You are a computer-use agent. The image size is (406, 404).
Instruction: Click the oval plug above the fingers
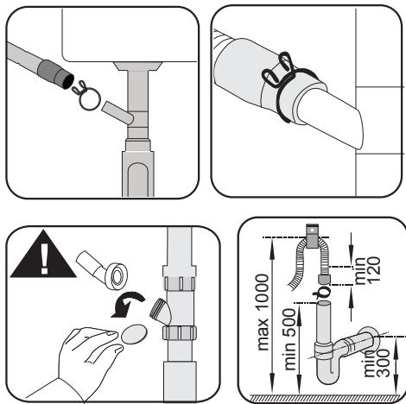pyautogui.click(x=135, y=332)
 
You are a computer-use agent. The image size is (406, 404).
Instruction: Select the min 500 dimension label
pyautogui.click(x=288, y=347)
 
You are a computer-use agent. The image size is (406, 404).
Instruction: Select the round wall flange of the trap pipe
pyautogui.click(x=370, y=338)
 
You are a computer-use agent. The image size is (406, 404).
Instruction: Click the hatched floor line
pyautogui.click(x=320, y=398)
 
